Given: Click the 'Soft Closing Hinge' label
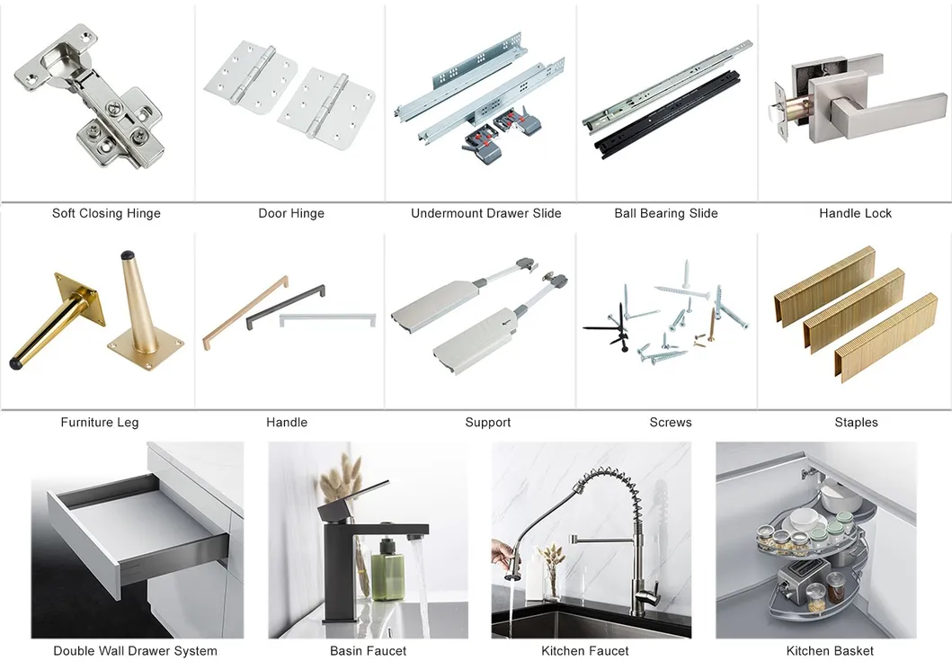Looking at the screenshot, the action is click(x=106, y=213).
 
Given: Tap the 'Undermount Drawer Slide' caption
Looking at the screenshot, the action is click(x=485, y=213).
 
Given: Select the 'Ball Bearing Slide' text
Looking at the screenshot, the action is click(x=666, y=213).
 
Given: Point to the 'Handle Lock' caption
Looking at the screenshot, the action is click(x=855, y=213).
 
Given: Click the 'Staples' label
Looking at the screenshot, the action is click(x=856, y=422).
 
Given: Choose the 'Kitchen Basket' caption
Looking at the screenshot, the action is click(x=830, y=650).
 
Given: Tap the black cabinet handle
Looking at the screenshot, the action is click(x=285, y=306).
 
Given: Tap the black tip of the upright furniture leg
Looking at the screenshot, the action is click(x=127, y=255).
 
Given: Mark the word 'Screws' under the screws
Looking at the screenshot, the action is click(x=671, y=422).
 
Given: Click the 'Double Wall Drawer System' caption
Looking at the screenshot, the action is click(x=136, y=650).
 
